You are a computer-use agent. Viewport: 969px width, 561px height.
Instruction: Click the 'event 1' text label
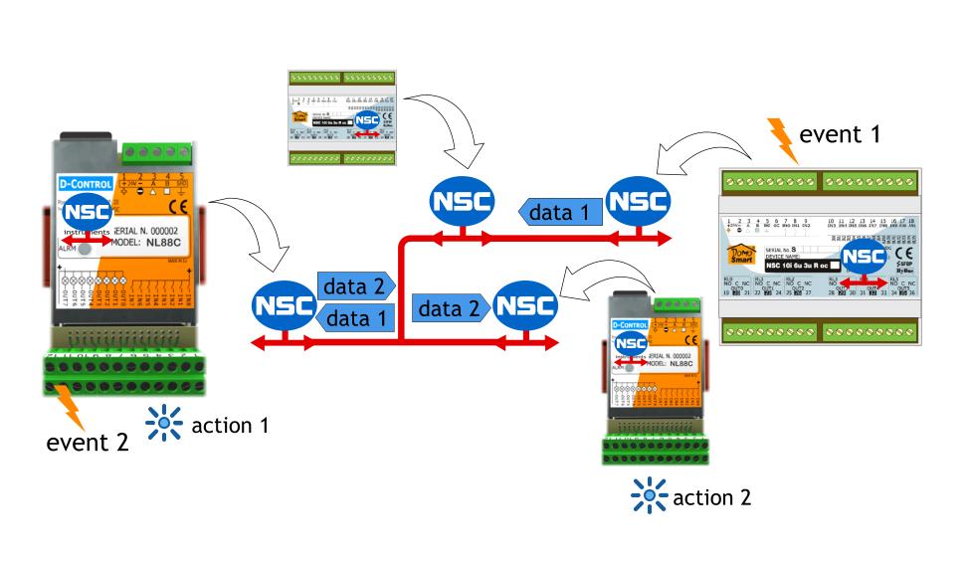tap(841, 134)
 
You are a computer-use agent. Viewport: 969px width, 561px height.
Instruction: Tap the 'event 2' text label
tap(88, 443)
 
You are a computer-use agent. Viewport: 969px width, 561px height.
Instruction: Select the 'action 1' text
tap(229, 425)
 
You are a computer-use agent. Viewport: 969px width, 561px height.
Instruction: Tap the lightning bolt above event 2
tap(69, 404)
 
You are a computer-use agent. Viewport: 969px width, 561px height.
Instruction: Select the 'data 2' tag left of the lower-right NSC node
tap(449, 309)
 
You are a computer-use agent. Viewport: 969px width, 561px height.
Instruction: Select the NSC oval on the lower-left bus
tap(284, 306)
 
